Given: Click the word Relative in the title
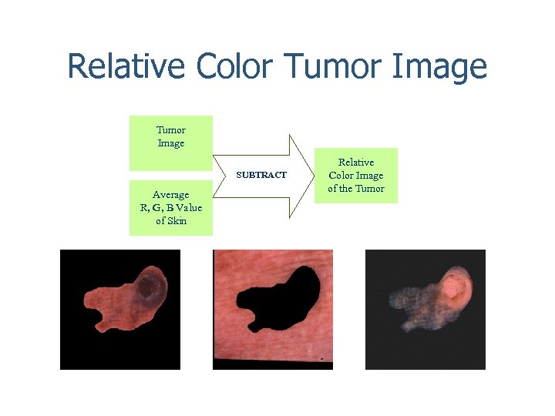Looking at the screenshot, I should (128, 67).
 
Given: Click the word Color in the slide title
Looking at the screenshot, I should (234, 67).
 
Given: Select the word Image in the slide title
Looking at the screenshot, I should (439, 67).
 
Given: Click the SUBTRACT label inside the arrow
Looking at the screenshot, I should (261, 176).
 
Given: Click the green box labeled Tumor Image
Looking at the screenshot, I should (170, 143).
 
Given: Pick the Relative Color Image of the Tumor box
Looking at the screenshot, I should (356, 176).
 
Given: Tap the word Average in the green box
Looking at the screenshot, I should (170, 195).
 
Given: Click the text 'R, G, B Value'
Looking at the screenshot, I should (170, 208).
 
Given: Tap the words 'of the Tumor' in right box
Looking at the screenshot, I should (356, 189).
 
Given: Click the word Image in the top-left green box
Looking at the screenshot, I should (170, 143).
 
